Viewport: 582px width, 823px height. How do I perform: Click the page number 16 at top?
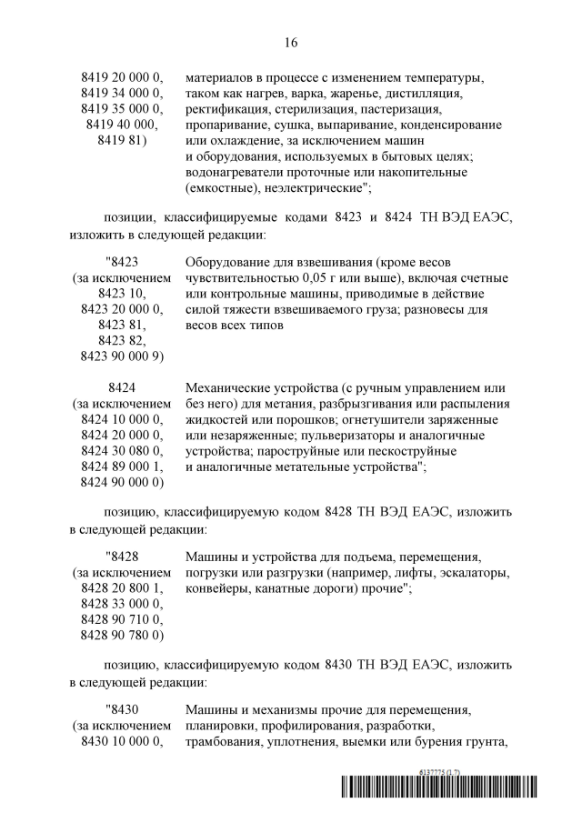tap(291, 42)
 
